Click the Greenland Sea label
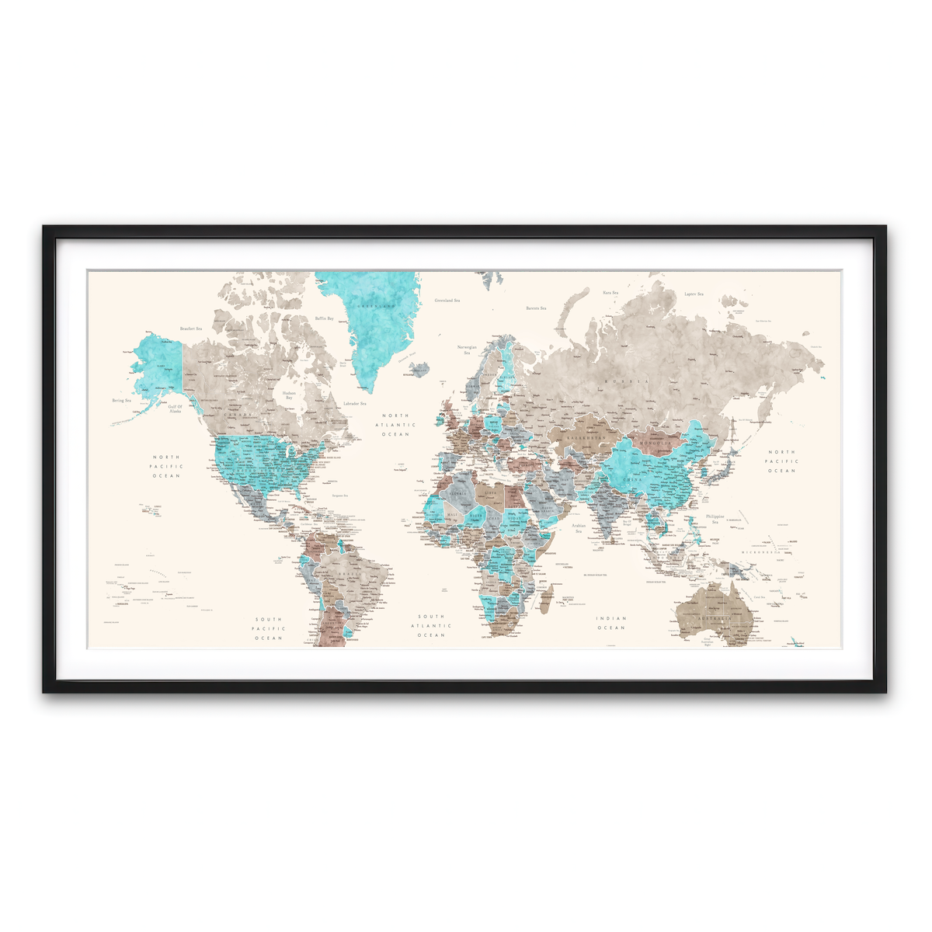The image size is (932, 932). tap(447, 300)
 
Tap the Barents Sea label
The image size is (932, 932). tap(536, 308)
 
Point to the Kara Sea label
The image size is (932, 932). tap(610, 293)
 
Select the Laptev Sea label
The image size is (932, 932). tap(694, 294)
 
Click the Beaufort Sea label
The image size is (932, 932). tap(190, 329)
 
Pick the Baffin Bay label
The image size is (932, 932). tap(324, 318)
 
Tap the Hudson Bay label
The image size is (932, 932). tap(289, 395)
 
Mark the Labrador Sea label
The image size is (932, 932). tap(354, 403)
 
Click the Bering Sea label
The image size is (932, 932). tap(122, 401)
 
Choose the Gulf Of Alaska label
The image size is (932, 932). tap(176, 409)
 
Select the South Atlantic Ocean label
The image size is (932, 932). tap(431, 625)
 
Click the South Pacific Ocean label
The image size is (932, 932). tap(269, 628)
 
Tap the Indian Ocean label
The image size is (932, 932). tap(611, 623)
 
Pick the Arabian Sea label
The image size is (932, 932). tap(579, 528)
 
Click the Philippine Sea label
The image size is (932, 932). tap(715, 519)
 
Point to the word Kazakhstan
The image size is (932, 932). tap(586, 438)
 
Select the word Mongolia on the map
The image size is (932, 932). tap(655, 443)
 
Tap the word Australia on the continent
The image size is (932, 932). tap(714, 618)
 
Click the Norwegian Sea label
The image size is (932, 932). tap(467, 349)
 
